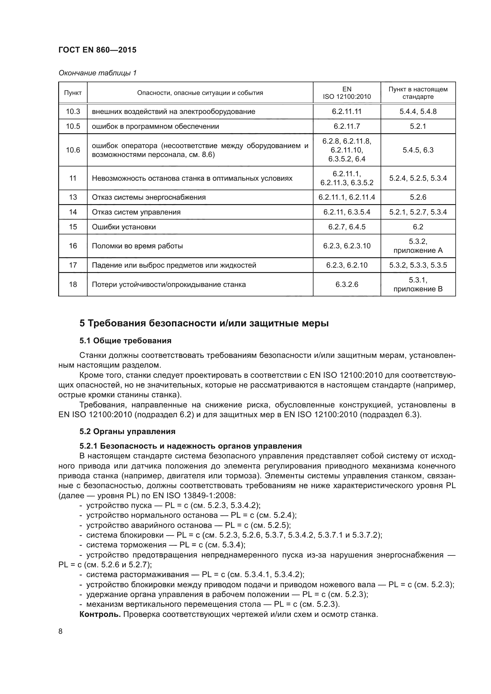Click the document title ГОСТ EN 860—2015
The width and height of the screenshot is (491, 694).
click(x=97, y=50)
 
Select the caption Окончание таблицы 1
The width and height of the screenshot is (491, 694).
click(x=97, y=73)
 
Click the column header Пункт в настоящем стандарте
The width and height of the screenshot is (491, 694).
click(x=418, y=93)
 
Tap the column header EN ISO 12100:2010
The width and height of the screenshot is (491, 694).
click(x=346, y=93)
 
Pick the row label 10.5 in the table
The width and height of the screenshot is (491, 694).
click(x=73, y=126)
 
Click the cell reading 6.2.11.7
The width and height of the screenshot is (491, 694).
click(x=346, y=126)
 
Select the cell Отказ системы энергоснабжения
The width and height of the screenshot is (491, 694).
click(x=148, y=197)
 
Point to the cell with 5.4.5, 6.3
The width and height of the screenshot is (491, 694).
click(x=418, y=150)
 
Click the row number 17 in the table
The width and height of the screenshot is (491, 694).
click(x=73, y=265)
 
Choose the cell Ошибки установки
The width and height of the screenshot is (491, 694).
click(x=124, y=227)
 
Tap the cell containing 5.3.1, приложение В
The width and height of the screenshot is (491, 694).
click(x=418, y=285)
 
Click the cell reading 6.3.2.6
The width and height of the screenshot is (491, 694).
click(x=346, y=285)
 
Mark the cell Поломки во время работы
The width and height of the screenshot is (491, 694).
click(x=137, y=246)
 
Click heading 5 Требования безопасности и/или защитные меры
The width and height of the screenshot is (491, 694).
click(x=204, y=323)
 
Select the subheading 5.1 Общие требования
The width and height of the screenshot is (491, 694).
click(x=125, y=341)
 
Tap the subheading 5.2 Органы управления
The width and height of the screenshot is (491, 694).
click(x=127, y=431)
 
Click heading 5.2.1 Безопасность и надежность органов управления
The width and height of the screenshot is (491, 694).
click(x=191, y=446)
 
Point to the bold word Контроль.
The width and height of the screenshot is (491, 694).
click(x=100, y=614)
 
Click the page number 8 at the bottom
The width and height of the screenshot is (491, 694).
click(x=61, y=631)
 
